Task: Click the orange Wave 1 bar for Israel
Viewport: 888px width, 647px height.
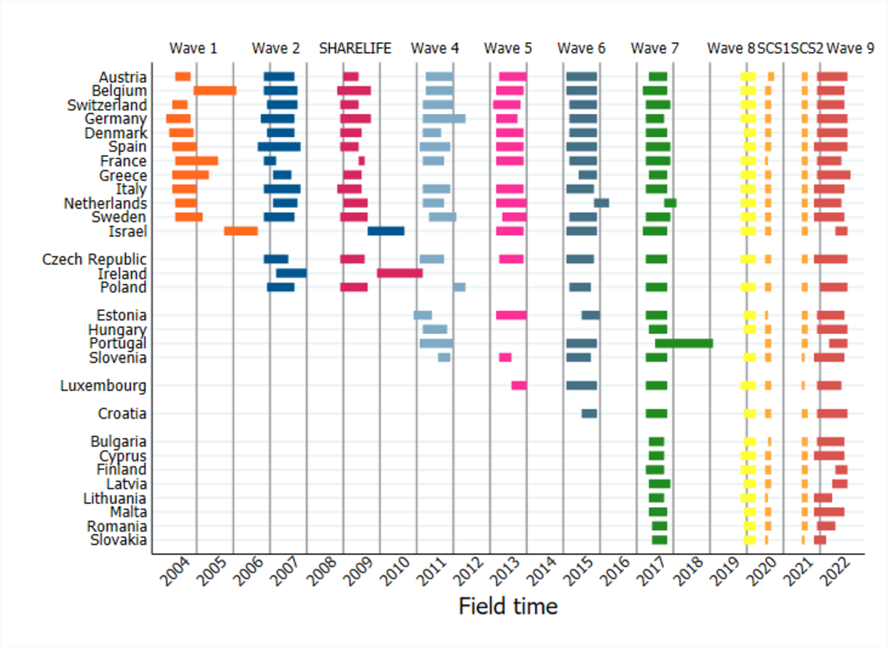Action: coord(240,231)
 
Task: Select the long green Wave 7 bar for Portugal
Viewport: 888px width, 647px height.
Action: coord(684,343)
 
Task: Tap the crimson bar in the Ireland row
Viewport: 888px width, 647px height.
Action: coord(400,273)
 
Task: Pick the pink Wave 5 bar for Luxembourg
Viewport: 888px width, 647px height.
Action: coord(519,386)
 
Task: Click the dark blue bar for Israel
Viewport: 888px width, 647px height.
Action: coord(386,231)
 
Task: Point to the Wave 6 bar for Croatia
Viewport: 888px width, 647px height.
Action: coord(589,414)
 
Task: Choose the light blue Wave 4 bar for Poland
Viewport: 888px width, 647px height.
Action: coord(460,287)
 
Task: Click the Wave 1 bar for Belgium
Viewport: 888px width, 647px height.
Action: coord(215,90)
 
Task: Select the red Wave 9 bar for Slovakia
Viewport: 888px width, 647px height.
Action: coord(820,540)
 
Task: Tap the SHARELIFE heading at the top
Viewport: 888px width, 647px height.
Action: coord(355,49)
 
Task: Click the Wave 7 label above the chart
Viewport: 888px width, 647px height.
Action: coord(654,49)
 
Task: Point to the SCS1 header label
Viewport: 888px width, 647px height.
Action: coord(773,49)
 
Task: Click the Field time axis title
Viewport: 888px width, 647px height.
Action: coord(508,606)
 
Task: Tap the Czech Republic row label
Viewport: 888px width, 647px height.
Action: coord(94,259)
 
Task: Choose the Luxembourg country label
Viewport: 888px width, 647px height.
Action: coord(104,386)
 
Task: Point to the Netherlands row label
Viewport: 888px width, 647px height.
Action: coord(105,203)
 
